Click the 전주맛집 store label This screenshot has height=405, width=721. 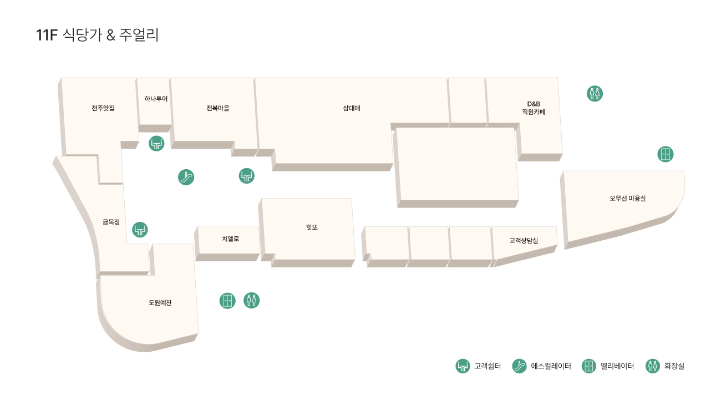[x=103, y=108]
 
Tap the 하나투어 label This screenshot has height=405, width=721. [x=156, y=99]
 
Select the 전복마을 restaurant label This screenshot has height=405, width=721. [x=218, y=108]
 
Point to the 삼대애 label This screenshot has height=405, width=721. [x=352, y=108]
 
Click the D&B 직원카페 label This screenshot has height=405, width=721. [x=534, y=108]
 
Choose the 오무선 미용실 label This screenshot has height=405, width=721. [x=628, y=198]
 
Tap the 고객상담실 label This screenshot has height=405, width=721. [x=524, y=240]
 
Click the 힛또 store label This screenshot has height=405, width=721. [x=312, y=227]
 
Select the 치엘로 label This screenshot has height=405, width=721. [x=231, y=239]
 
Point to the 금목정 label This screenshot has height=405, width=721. [x=111, y=222]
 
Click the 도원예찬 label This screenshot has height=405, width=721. [x=160, y=302]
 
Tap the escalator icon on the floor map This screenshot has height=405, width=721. [x=186, y=177]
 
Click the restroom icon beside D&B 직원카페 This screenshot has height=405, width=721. [x=595, y=94]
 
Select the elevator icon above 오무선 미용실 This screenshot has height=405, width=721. [x=666, y=154]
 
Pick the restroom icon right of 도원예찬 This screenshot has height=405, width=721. [x=251, y=300]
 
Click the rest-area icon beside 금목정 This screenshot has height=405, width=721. [x=140, y=230]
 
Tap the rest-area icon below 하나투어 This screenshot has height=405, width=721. [x=156, y=144]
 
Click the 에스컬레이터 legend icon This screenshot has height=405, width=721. [x=519, y=366]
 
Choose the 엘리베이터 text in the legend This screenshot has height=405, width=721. [x=617, y=366]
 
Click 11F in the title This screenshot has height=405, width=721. [x=47, y=35]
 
